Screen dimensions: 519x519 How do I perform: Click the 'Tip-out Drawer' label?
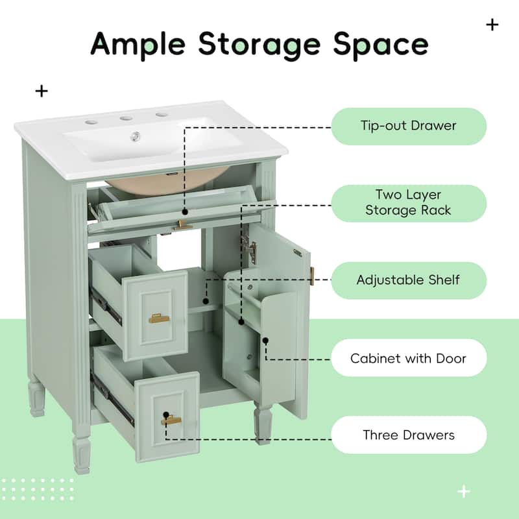click(409, 126)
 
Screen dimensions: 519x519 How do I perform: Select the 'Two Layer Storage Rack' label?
click(409, 202)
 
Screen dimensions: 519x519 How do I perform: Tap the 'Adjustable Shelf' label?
click(409, 280)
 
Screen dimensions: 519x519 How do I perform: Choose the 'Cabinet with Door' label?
click(409, 358)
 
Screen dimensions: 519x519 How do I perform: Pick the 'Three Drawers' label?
click(409, 435)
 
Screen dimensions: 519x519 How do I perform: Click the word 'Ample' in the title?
click(139, 44)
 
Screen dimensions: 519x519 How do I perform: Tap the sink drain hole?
click(137, 136)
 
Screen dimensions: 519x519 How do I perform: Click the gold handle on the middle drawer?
click(158, 318)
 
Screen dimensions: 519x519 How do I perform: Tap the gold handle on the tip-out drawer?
click(184, 225)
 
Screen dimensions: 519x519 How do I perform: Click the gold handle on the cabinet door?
click(311, 274)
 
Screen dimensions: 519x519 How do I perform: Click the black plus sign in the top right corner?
click(492, 25)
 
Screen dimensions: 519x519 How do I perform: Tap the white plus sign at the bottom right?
click(463, 492)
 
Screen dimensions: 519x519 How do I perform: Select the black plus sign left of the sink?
click(42, 91)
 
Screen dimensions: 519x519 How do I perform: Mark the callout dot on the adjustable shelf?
click(206, 301)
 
